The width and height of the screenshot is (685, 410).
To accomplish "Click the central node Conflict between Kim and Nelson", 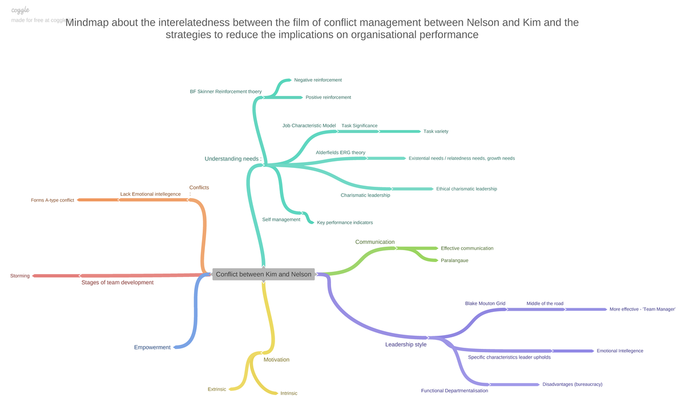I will [x=263, y=275].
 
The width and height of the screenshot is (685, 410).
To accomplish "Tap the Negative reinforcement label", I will [x=318, y=80].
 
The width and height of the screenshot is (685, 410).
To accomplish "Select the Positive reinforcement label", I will [x=328, y=97].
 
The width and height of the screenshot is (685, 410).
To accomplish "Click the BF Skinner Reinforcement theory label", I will [x=225, y=91].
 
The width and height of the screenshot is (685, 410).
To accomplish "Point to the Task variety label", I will [x=436, y=131].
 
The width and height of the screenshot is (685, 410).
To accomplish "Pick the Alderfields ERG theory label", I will [x=340, y=152].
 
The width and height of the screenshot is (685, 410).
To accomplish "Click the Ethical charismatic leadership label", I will [x=466, y=188].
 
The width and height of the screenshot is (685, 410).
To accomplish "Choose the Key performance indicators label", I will [x=345, y=222].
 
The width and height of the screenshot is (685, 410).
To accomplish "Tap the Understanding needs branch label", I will [x=233, y=159].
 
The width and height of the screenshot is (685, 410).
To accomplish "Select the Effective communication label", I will [x=467, y=248].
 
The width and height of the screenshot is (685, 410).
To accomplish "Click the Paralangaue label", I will [x=454, y=260].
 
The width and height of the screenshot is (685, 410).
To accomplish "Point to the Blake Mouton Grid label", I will [x=485, y=303].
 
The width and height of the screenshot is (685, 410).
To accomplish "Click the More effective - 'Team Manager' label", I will [x=642, y=309].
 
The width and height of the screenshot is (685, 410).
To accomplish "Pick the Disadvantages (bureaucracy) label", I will [x=572, y=384].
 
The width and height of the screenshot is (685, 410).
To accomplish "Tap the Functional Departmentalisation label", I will [x=454, y=391].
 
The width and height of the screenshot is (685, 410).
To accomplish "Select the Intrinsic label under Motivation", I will [x=288, y=393].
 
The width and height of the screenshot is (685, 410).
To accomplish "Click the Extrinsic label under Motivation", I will [x=217, y=389].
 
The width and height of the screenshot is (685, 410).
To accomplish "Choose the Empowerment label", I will [x=152, y=347].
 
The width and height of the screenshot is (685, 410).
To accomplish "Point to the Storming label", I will [x=20, y=276].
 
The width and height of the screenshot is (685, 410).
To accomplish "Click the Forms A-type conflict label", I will [x=53, y=200].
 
